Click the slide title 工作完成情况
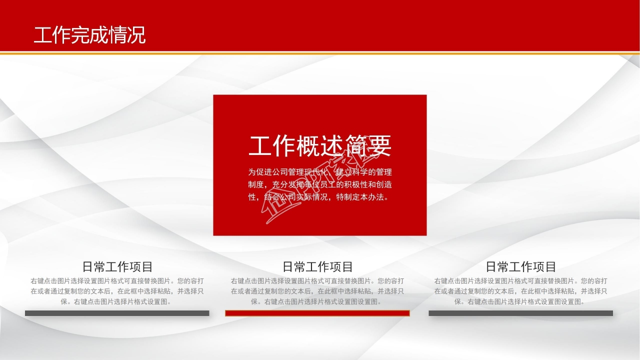[90, 35]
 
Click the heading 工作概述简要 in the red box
[319, 145]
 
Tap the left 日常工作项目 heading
[117, 266]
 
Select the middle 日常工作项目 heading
[317, 266]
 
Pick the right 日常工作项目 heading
[520, 266]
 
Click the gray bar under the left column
[117, 313]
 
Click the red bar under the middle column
[317, 313]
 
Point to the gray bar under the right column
[520, 313]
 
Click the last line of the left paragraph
[117, 301]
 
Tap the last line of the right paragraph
[520, 301]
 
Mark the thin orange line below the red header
[320, 52]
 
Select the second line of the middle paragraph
[317, 291]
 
